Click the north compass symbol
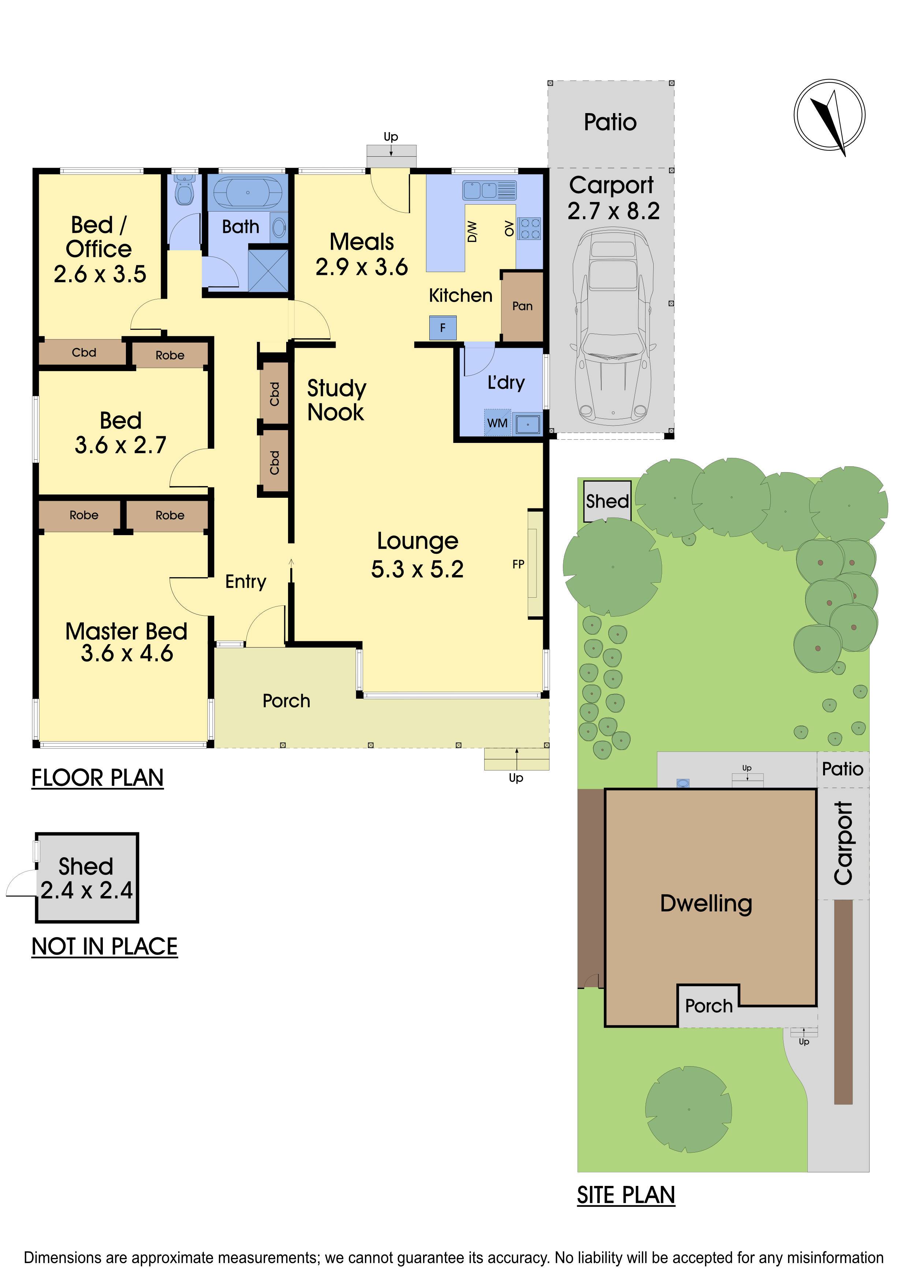coord(829,116)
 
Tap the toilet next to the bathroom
coord(184,190)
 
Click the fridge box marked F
coord(443,328)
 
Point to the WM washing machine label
coord(497,423)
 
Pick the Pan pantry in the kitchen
coord(522,306)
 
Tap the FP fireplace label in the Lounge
coord(518,564)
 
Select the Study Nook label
coord(336,400)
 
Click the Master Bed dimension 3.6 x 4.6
coord(127,653)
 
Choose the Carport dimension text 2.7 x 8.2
coord(613,211)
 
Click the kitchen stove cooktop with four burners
coord(529,228)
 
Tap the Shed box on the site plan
coord(607,501)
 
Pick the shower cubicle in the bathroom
coord(268,270)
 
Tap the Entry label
coord(246,582)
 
